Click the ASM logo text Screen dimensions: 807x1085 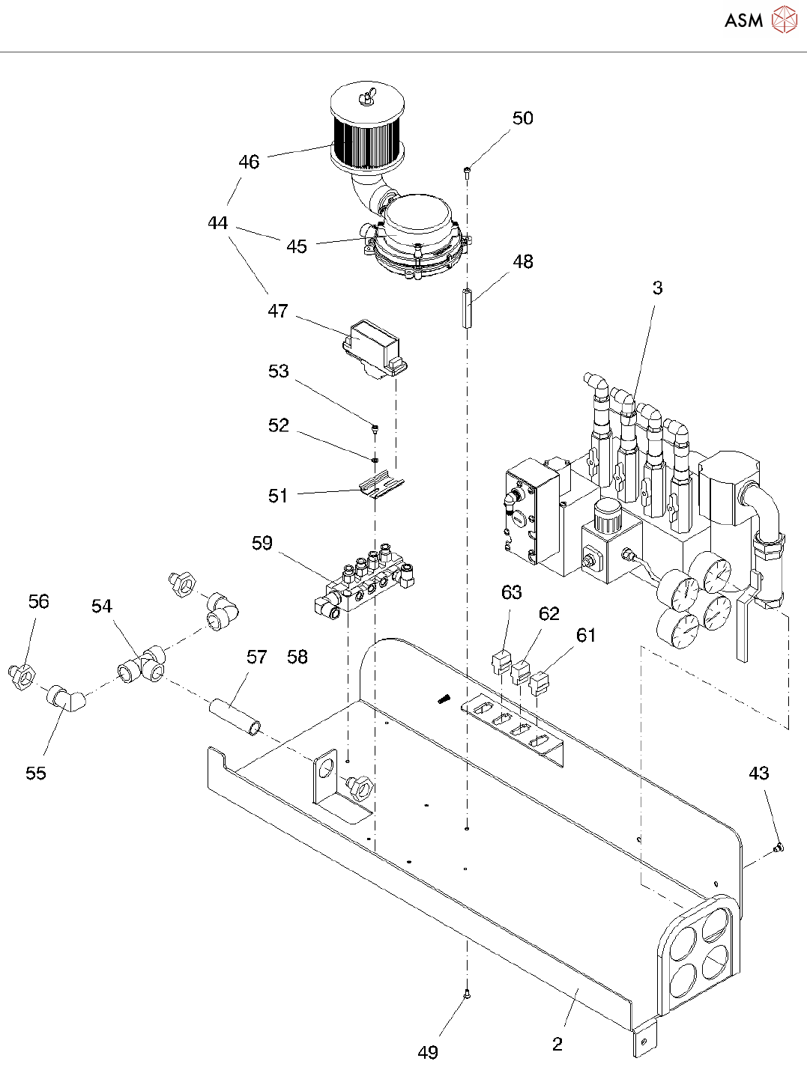[743, 21]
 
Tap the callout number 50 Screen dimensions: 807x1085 [522, 118]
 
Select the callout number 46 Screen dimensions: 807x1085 [249, 162]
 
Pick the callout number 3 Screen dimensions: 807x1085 [658, 288]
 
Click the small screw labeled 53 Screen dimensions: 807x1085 [375, 430]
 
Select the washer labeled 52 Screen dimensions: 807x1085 [375, 459]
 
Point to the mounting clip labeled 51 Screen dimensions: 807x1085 [382, 487]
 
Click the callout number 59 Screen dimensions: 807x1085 [262, 543]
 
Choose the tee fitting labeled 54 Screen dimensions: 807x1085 [142, 664]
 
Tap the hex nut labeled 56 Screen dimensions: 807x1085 [22, 678]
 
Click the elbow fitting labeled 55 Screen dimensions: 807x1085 [67, 699]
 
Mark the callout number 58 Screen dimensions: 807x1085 [297, 657]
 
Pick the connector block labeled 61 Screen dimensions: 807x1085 [540, 684]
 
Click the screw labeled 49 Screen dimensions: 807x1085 [467, 994]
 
